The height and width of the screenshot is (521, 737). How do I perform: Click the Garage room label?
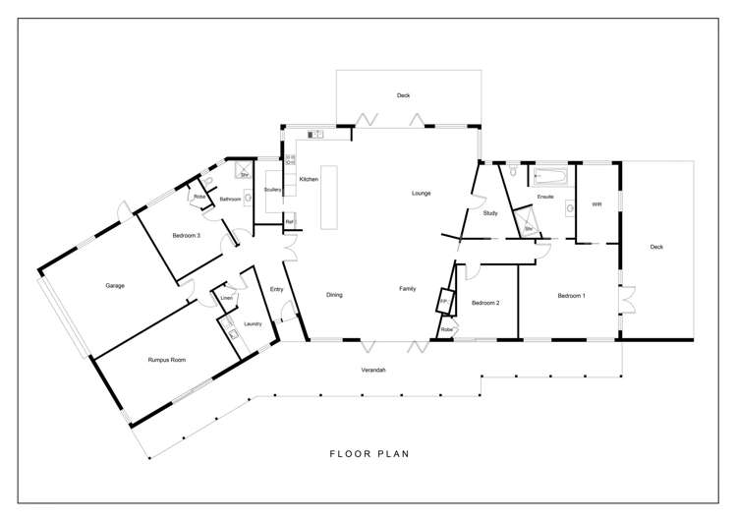[x=115, y=286]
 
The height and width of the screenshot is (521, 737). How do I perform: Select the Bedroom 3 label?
[x=187, y=236]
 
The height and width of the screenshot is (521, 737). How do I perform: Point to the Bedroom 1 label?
[x=571, y=296]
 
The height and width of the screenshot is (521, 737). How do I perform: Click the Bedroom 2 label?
[x=485, y=303]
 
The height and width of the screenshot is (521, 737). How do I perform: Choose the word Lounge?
[x=421, y=193]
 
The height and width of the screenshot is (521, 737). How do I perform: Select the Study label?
[x=491, y=212]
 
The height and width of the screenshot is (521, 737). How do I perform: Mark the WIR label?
[x=596, y=204]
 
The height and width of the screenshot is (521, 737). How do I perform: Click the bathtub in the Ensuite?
[x=552, y=178]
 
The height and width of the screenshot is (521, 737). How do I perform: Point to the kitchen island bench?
[x=327, y=197]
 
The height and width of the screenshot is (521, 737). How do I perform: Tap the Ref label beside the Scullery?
[x=289, y=221]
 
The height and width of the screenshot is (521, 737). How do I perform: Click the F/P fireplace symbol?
[x=444, y=300]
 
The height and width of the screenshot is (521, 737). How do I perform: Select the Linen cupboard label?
[x=226, y=297]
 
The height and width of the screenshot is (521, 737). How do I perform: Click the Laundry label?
[x=252, y=322]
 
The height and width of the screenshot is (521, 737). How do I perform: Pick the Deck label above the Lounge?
[x=403, y=95]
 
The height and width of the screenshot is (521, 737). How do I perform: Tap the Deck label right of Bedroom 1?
[x=656, y=247]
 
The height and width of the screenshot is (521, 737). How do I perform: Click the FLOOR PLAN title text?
[x=368, y=454]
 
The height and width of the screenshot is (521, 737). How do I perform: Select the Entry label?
[x=276, y=289]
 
